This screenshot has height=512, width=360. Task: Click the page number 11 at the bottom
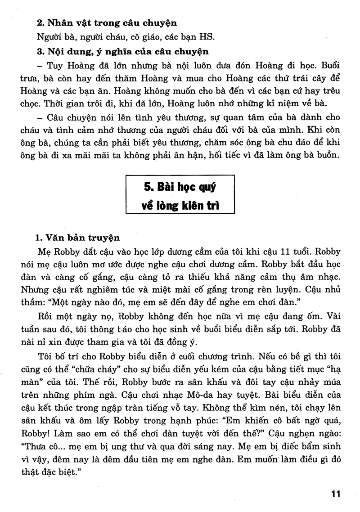(335, 494)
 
